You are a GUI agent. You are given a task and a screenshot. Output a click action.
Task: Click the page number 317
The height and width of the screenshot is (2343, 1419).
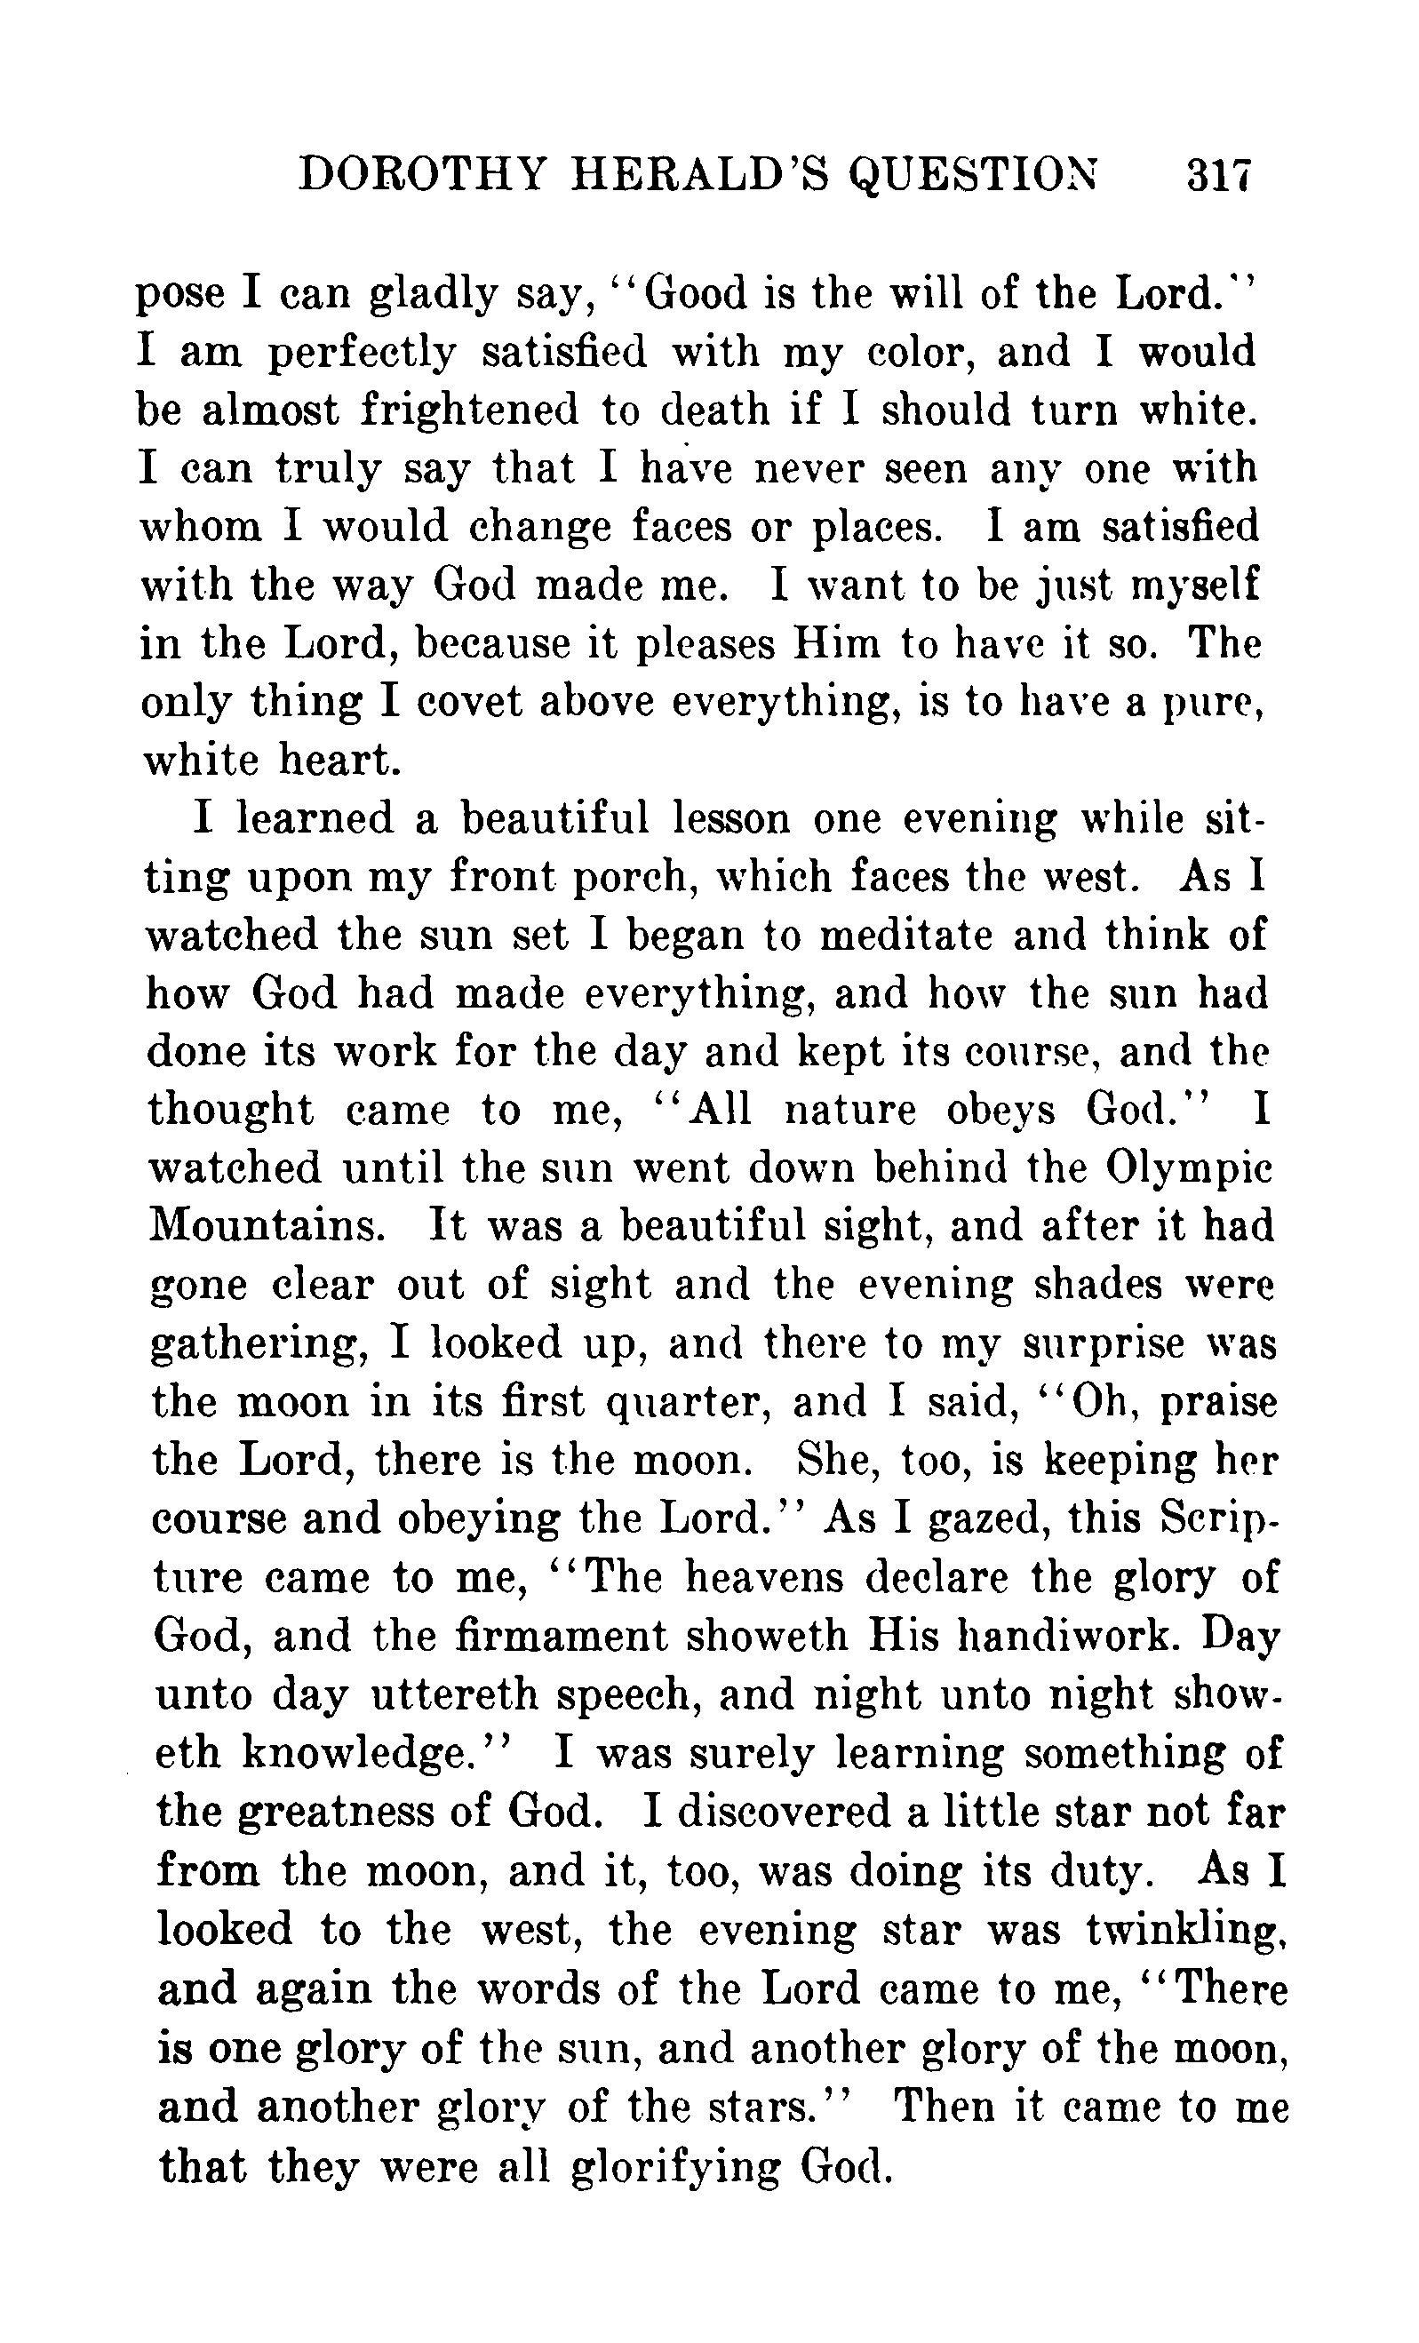tap(1218, 177)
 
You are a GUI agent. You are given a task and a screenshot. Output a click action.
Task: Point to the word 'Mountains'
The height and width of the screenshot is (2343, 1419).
tap(267, 1226)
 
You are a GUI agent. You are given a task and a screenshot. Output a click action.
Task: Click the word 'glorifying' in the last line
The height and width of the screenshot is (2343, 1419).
tap(675, 2164)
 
